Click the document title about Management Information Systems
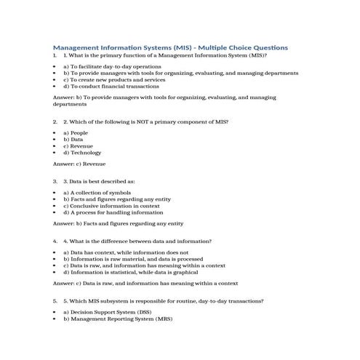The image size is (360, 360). tap(171, 47)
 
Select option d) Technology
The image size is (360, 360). tap(81, 153)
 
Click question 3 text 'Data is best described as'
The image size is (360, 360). tap(103, 180)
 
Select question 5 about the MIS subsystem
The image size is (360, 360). tap(164, 300)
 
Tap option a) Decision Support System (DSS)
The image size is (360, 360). tap(113, 312)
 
